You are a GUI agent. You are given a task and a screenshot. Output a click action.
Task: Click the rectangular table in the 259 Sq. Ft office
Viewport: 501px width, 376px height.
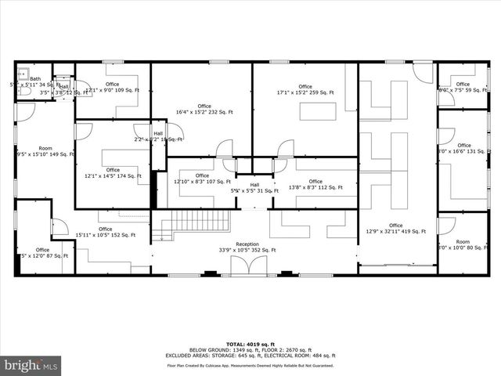point(317,110)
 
